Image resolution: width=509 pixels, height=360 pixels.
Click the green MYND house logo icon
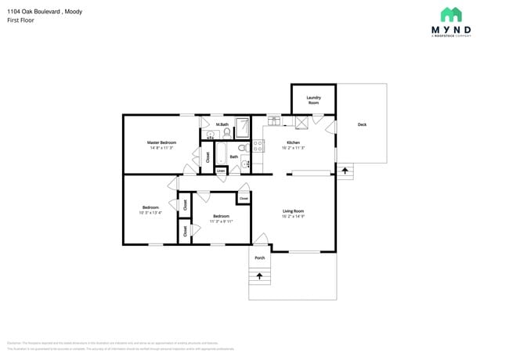pyautogui.click(x=450, y=14)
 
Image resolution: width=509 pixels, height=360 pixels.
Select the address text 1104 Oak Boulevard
pyautogui.click(x=31, y=12)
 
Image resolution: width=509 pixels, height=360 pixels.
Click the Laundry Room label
pyautogui.click(x=313, y=100)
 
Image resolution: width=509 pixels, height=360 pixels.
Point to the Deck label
pyautogui.click(x=362, y=124)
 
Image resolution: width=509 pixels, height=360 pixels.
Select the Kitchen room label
pyautogui.click(x=293, y=142)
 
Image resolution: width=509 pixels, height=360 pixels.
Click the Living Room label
pyautogui.click(x=293, y=211)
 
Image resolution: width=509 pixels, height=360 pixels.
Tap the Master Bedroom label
pyautogui.click(x=161, y=142)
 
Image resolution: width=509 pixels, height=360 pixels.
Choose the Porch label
pyautogui.click(x=260, y=257)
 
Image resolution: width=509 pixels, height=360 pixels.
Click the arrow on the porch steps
pyautogui.click(x=260, y=275)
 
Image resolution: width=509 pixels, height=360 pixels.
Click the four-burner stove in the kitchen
pyautogui.click(x=258, y=146)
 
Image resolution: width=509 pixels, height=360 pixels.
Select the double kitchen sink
pyautogui.click(x=274, y=121)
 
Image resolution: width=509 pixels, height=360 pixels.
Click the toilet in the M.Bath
pyautogui.click(x=227, y=133)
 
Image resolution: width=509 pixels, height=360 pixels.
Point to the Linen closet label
pyautogui.click(x=222, y=170)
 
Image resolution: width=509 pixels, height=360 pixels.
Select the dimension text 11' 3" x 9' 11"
pyautogui.click(x=222, y=221)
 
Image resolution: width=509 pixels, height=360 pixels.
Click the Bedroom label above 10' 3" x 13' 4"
pyautogui.click(x=150, y=207)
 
